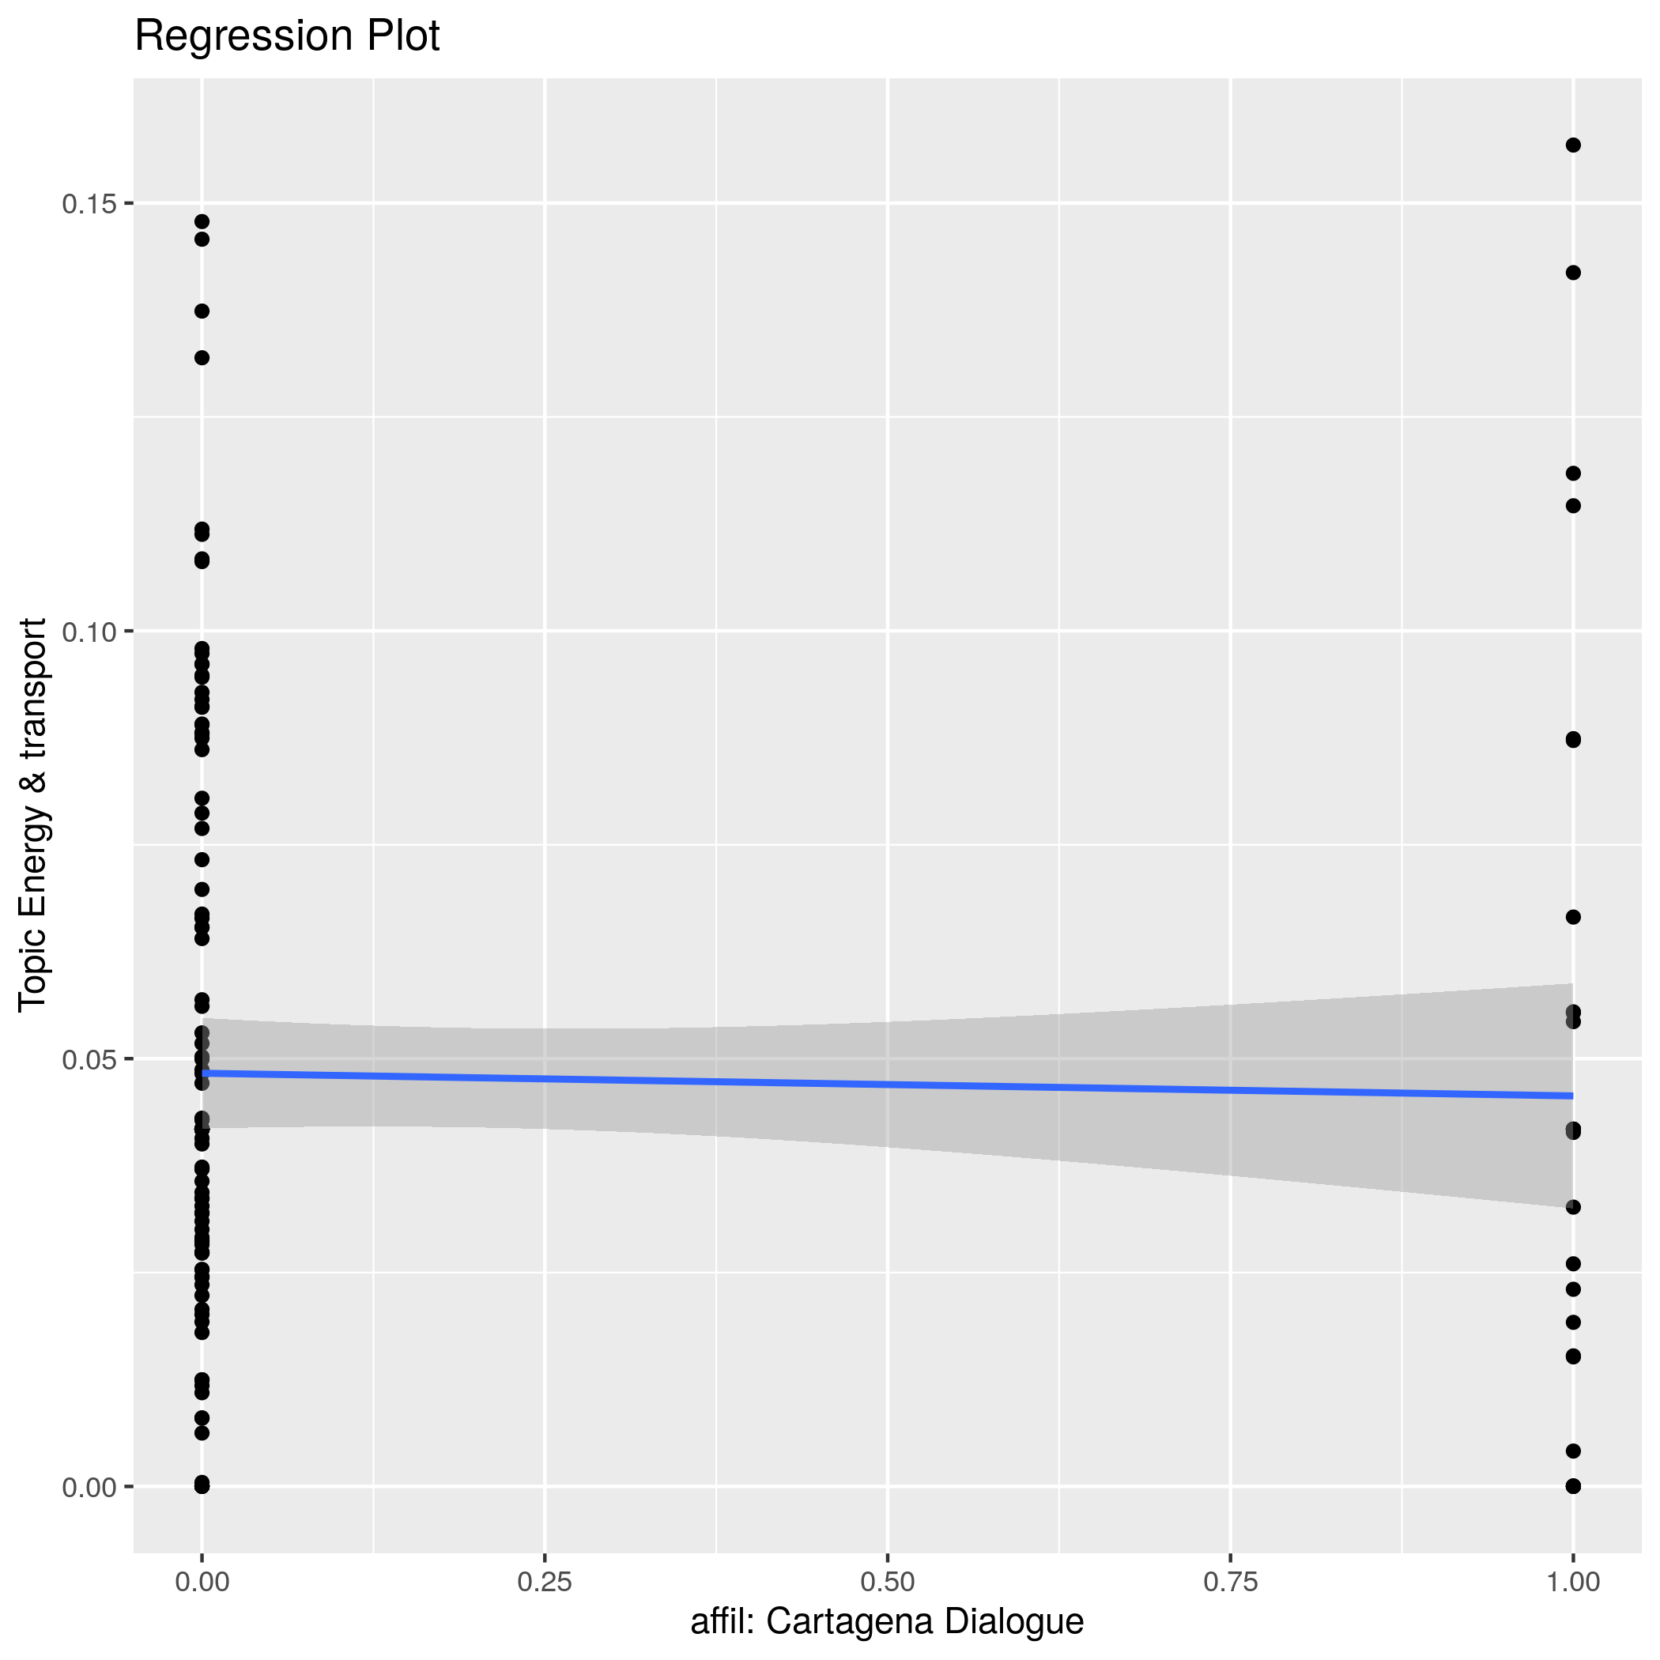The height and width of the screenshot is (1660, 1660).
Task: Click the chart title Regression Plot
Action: click(x=287, y=37)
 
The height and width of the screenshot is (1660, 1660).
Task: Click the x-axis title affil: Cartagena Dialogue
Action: click(x=887, y=1621)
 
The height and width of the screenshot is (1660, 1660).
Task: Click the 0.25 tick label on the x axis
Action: click(x=545, y=1582)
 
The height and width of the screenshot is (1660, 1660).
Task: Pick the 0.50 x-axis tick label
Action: click(x=887, y=1582)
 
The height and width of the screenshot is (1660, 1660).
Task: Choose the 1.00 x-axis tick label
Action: click(x=1572, y=1582)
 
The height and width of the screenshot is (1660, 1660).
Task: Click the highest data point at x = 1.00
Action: click(x=1573, y=145)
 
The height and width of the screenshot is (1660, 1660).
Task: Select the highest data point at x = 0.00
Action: click(x=202, y=221)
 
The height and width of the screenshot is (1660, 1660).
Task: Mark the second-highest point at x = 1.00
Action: click(x=1573, y=274)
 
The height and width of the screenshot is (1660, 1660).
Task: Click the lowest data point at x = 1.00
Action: click(x=1573, y=1486)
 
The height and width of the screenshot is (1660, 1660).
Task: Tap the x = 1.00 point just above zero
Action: click(x=1573, y=1451)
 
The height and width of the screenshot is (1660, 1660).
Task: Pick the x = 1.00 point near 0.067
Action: click(x=1573, y=917)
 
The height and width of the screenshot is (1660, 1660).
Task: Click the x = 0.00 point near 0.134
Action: click(x=202, y=311)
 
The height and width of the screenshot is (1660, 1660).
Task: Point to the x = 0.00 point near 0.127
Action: click(x=202, y=357)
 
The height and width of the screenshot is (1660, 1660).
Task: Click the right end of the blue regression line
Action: click(x=1571, y=1096)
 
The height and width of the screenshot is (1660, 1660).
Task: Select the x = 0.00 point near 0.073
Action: click(x=202, y=859)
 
